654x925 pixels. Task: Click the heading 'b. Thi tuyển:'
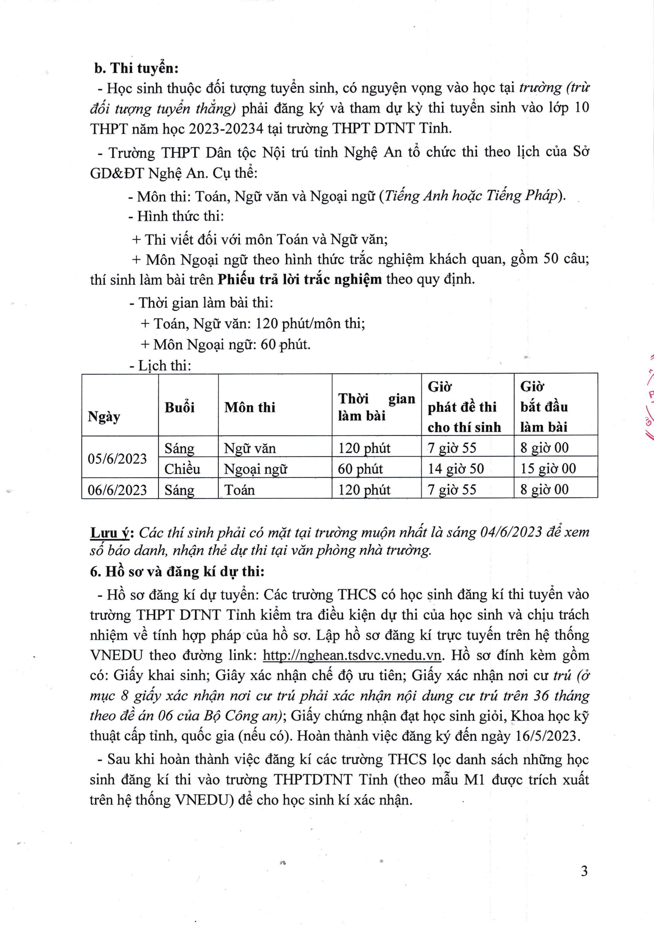[136, 68]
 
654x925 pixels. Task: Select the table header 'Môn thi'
[250, 407]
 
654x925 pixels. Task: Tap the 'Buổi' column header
[179, 407]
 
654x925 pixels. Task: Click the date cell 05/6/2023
[117, 459]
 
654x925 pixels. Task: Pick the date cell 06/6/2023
[117, 490]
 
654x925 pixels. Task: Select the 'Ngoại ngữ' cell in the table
[255, 469]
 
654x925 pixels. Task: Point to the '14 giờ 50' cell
[456, 469]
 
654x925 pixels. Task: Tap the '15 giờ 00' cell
[548, 469]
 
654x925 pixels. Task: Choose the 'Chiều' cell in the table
[182, 469]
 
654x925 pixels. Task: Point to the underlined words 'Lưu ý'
[109, 533]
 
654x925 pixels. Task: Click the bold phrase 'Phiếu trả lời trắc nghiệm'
[300, 279]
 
